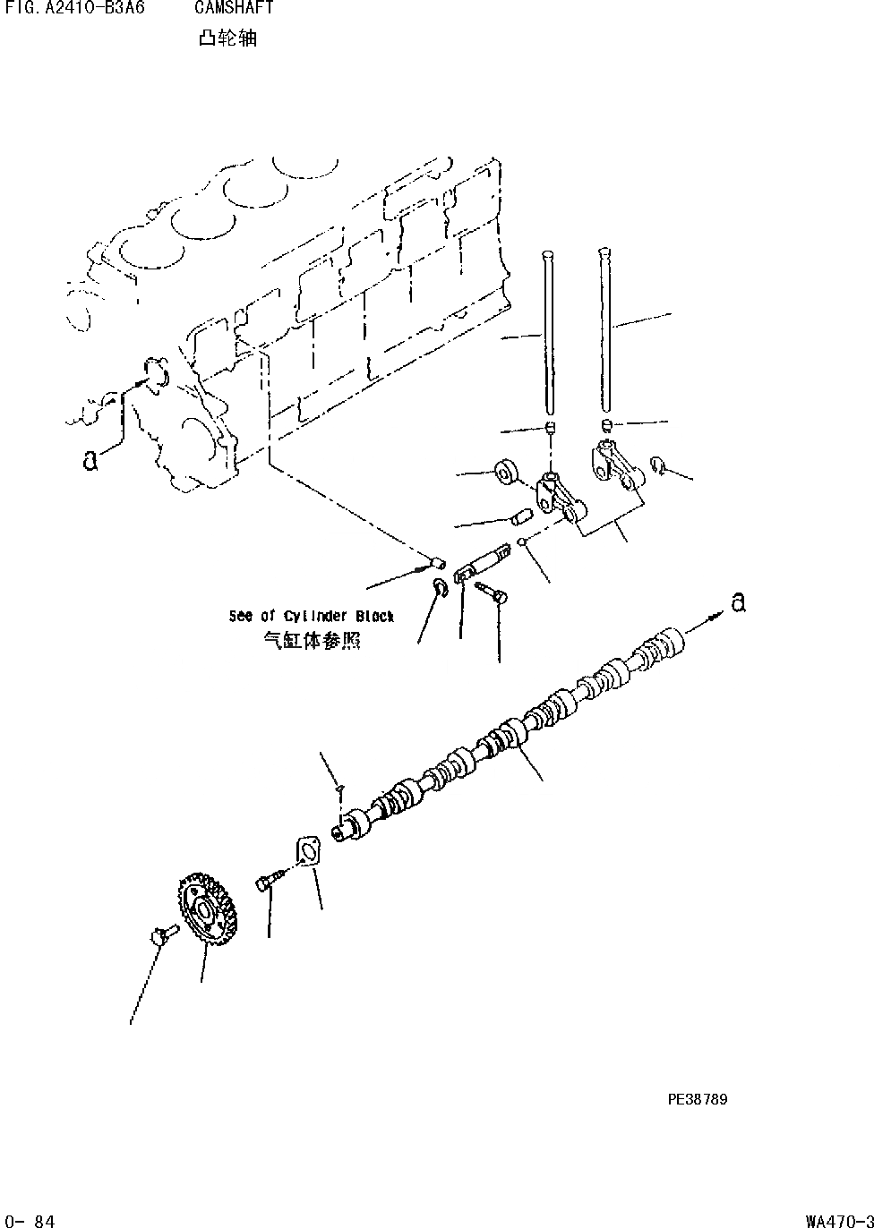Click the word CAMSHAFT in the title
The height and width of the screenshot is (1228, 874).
coord(234,9)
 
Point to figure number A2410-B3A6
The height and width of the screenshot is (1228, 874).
coord(74,9)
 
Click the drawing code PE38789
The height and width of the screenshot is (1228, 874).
coord(697,1099)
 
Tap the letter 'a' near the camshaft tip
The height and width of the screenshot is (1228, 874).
coord(737,603)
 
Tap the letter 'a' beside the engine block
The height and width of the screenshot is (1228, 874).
coord(90,460)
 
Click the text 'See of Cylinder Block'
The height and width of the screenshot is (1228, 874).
coord(311,617)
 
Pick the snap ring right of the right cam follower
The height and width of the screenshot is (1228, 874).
coord(659,465)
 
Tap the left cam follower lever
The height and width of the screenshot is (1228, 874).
coord(557,498)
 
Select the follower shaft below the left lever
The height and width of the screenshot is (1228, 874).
coord(484,565)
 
